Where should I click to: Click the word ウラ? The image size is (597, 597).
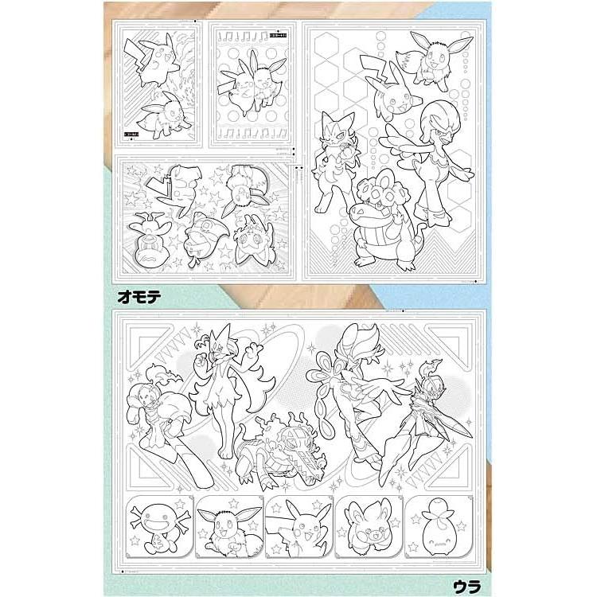(462, 583)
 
